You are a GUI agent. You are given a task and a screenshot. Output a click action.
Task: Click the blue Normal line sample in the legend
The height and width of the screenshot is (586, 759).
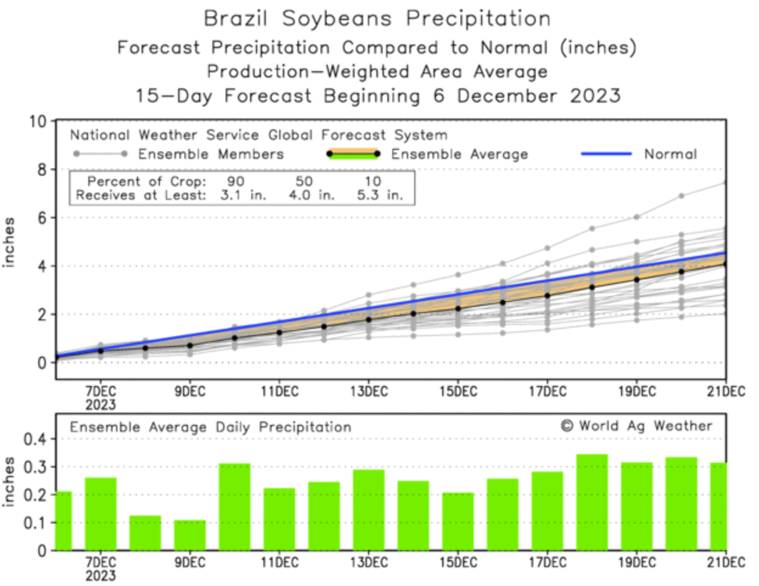click(x=606, y=154)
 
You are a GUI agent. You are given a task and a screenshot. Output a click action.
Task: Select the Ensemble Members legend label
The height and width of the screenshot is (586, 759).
click(x=210, y=154)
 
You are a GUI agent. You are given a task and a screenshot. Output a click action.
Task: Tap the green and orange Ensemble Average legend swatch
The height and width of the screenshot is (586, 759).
click(x=353, y=154)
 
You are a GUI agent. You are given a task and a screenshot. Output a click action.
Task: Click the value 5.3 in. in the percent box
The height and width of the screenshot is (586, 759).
click(x=379, y=196)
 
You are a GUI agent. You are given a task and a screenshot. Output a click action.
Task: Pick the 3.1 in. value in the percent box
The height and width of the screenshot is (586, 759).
click(x=243, y=196)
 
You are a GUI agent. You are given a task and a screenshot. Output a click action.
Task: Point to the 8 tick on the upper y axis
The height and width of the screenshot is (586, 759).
click(x=41, y=170)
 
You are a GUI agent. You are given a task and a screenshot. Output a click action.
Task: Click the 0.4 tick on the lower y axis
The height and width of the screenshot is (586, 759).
click(x=34, y=439)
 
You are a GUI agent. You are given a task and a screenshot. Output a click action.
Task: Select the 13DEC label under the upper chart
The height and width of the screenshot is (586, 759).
click(x=369, y=391)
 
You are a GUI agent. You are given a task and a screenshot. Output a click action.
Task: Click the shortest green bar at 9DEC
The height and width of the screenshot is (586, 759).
click(x=190, y=535)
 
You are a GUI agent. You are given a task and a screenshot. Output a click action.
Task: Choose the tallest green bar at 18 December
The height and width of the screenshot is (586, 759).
click(x=592, y=502)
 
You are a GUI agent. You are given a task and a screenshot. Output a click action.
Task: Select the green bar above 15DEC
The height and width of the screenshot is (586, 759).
click(x=458, y=521)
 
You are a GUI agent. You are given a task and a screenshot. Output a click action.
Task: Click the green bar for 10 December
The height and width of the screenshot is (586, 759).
click(x=235, y=506)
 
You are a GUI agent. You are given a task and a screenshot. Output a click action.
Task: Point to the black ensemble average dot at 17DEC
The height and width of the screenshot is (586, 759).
click(x=547, y=295)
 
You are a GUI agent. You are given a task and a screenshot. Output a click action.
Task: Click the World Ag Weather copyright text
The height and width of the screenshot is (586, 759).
click(x=636, y=426)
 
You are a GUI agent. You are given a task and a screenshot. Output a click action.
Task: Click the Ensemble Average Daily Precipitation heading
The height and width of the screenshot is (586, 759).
click(x=210, y=427)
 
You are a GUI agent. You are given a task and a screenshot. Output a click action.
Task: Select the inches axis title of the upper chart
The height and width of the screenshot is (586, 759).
click(x=9, y=242)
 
